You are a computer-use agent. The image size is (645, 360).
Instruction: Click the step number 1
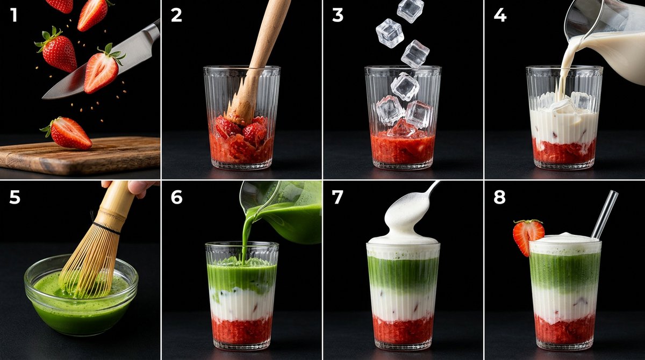click(x=13, y=15)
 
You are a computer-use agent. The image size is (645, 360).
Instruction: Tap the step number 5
click(x=15, y=197)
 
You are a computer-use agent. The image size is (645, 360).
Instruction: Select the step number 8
click(x=499, y=197)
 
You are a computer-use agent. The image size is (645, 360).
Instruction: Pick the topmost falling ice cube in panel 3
click(x=410, y=10)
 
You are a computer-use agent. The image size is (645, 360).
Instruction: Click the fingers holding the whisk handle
click(x=135, y=189)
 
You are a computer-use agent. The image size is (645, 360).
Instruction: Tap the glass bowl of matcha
click(x=81, y=297)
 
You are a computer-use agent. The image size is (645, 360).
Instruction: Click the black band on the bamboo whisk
click(x=106, y=228)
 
